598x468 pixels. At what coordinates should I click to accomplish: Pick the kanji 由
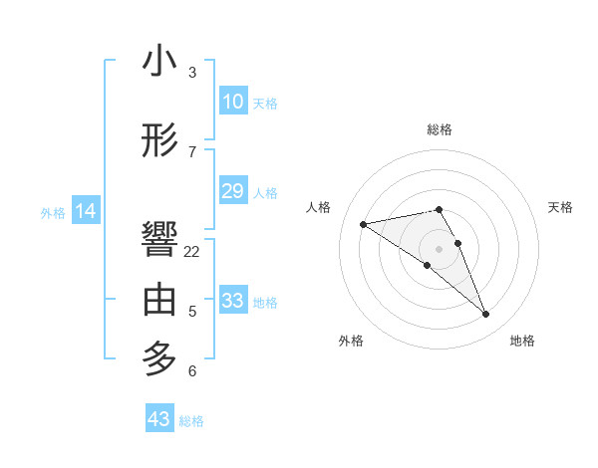[x=159, y=300]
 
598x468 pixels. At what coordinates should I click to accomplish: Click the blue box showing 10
[x=232, y=102]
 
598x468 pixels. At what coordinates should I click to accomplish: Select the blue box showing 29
[x=232, y=191]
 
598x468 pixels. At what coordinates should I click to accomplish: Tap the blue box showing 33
[x=232, y=301]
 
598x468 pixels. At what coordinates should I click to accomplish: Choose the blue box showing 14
[x=86, y=211]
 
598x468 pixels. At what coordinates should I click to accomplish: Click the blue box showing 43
[x=159, y=419]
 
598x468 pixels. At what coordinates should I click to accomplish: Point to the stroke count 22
[x=192, y=252]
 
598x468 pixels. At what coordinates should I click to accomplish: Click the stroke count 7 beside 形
[x=192, y=151]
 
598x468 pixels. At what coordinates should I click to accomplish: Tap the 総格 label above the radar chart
[x=440, y=129]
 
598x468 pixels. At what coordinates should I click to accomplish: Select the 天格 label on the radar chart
[x=560, y=207]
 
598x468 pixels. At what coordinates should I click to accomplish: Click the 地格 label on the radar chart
[x=522, y=342]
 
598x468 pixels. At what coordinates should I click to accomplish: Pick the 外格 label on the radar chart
[x=351, y=342]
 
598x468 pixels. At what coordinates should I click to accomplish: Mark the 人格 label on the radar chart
[x=319, y=207]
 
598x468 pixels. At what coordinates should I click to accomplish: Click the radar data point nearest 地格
[x=486, y=315]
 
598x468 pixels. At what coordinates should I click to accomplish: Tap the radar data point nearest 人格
[x=364, y=223]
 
